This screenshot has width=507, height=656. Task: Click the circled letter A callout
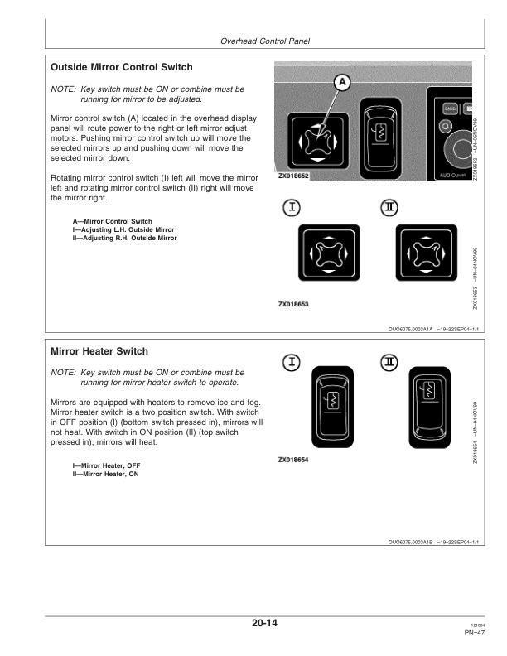342,82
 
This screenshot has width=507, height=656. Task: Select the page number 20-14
264,624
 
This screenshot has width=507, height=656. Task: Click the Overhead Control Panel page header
264,42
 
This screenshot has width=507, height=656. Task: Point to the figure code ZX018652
293,176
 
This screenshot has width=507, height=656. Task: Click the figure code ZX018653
293,304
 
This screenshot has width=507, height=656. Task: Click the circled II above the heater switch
389,363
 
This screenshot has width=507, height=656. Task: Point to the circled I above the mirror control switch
289,207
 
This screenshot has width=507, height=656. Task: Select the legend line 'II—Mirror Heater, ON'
105,474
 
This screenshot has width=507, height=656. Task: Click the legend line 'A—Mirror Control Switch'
112,221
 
